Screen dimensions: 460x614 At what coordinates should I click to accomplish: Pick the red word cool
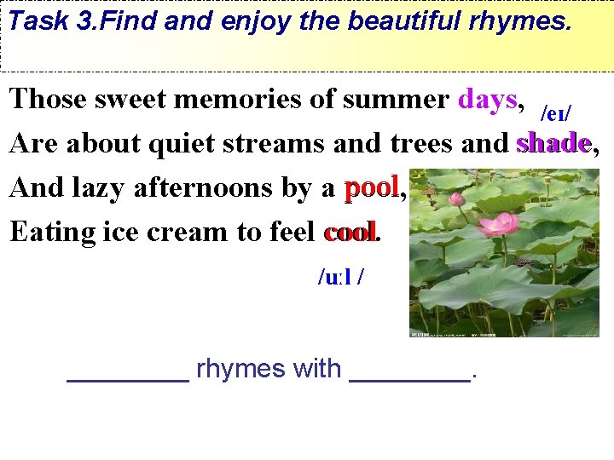click(x=350, y=232)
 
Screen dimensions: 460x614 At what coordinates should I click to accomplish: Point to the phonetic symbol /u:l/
click(x=342, y=277)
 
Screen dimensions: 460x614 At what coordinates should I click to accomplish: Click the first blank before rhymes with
click(x=128, y=379)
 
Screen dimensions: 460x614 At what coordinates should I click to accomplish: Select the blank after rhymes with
click(x=410, y=379)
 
